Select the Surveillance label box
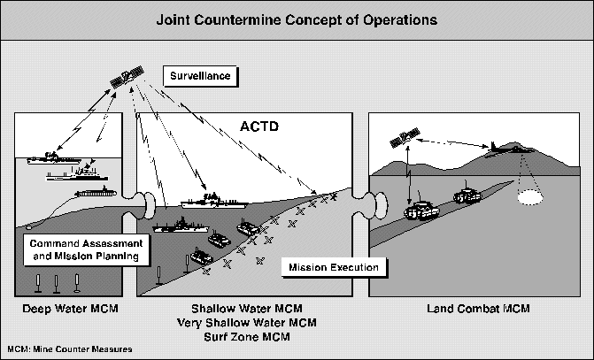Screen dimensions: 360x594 coord(200,76)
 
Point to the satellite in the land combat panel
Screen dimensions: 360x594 coord(406,137)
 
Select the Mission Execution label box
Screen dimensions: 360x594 coord(329,267)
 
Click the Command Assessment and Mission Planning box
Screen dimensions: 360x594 coord(81,250)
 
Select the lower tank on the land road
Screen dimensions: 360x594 coord(421,211)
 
